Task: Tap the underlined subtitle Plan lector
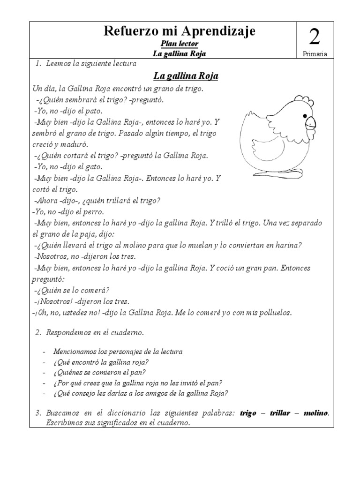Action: [x=180, y=44]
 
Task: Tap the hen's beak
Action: [x=310, y=123]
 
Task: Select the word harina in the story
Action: [x=291, y=245]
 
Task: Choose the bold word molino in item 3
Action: [x=315, y=413]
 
